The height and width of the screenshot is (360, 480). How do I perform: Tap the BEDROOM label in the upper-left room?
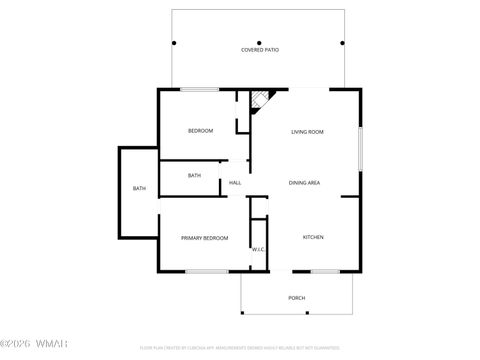click(201, 131)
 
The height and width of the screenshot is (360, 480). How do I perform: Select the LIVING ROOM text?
click(305, 132)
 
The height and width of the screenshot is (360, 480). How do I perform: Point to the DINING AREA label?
click(304, 183)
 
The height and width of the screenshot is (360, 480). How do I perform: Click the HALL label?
click(235, 183)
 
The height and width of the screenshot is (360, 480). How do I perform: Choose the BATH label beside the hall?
click(194, 176)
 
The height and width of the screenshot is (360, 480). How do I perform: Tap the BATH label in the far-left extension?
click(139, 189)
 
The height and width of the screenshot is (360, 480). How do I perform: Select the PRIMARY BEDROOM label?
click(204, 238)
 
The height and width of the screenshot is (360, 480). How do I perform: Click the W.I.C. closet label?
click(258, 249)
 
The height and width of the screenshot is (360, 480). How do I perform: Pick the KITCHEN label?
click(313, 237)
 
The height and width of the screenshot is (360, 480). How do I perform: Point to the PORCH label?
click(297, 298)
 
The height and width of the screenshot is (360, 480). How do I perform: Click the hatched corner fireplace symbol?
click(259, 98)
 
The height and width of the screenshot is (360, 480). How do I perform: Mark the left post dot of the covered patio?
click(174, 43)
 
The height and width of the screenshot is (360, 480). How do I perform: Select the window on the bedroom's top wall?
click(200, 89)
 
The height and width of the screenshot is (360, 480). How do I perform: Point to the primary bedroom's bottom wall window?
click(205, 271)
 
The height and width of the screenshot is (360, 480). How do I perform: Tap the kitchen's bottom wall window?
click(325, 271)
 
